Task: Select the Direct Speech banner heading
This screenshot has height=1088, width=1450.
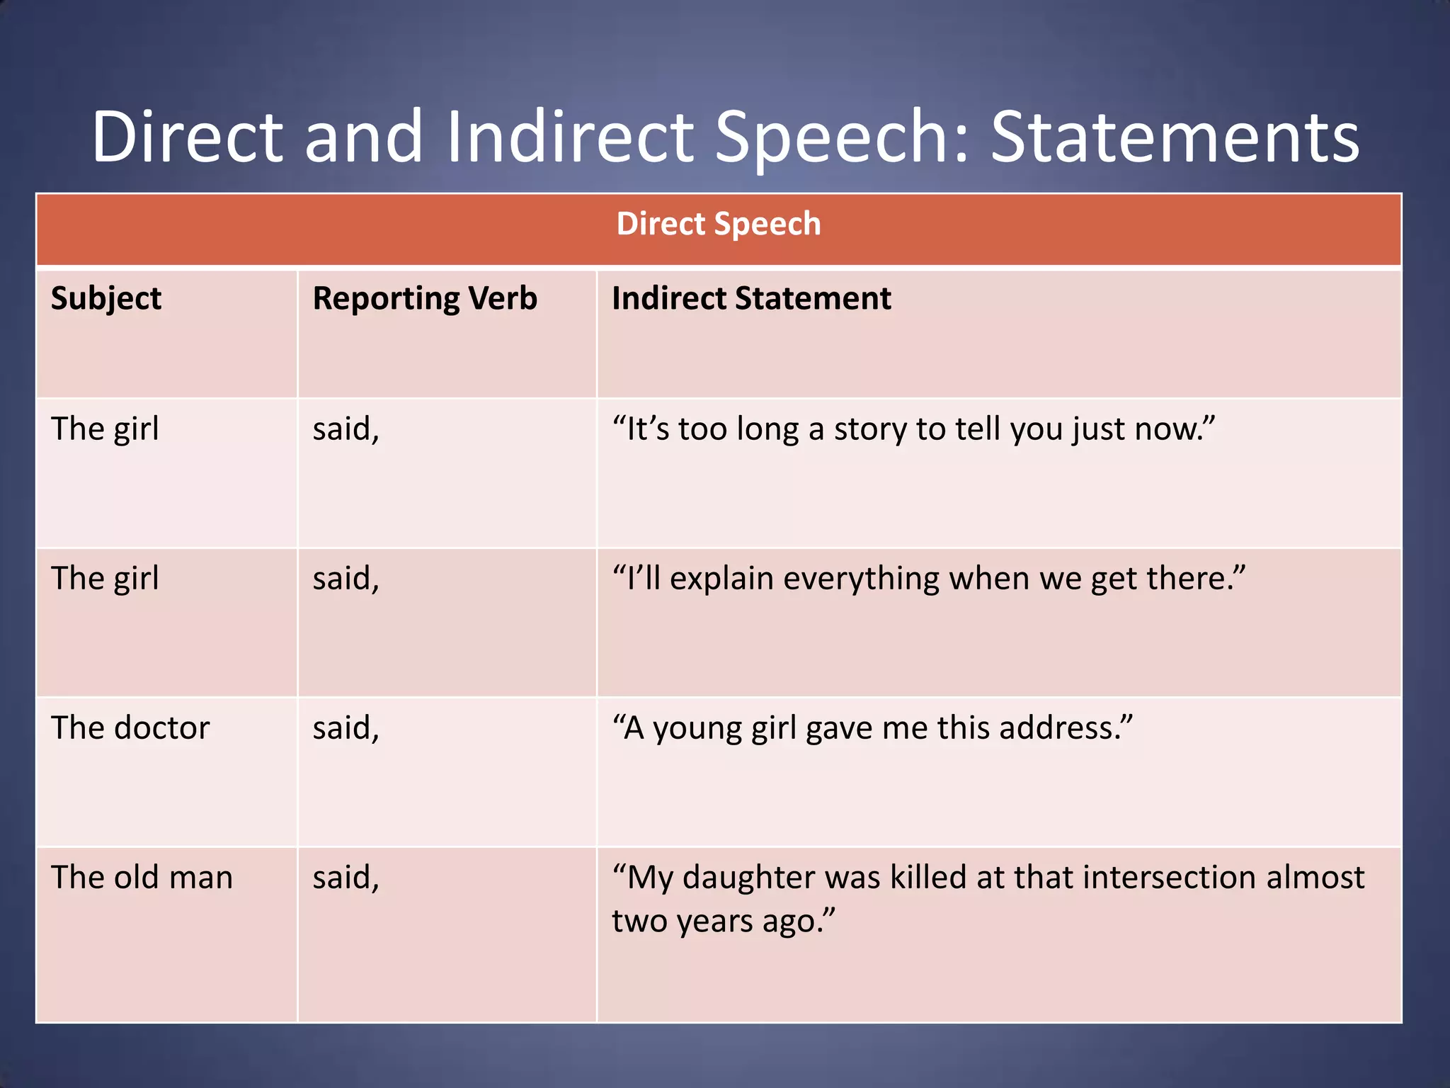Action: pyautogui.click(x=718, y=224)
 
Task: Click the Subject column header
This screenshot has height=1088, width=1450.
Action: pyautogui.click(x=106, y=298)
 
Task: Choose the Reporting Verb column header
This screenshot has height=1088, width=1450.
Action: pyautogui.click(x=425, y=298)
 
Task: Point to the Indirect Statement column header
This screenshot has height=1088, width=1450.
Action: pyautogui.click(x=751, y=298)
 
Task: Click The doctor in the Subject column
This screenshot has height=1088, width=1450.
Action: pyautogui.click(x=130, y=727)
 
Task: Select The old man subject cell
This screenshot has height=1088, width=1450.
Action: pyautogui.click(x=142, y=877)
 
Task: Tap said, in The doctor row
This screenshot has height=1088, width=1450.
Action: pyautogui.click(x=346, y=727)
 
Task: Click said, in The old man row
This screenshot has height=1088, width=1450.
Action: pyautogui.click(x=346, y=877)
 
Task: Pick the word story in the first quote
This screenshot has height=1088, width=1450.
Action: pyautogui.click(x=870, y=429)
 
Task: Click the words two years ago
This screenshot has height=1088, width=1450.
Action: pyautogui.click(x=722, y=921)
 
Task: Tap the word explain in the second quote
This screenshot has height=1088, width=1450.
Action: pyautogui.click(x=721, y=579)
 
